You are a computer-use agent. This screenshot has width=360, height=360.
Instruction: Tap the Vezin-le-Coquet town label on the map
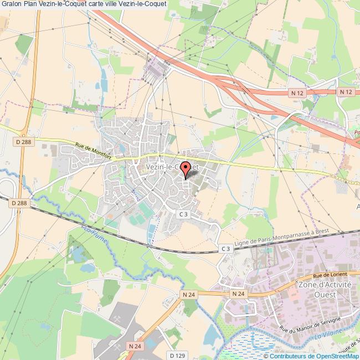(172, 166)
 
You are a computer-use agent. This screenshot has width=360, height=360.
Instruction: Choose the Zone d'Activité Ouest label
(325, 289)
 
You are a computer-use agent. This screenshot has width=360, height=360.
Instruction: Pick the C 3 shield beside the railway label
(225, 249)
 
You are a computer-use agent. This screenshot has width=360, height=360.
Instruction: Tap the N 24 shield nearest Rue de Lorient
(238, 293)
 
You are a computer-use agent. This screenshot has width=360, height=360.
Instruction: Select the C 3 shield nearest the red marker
(184, 213)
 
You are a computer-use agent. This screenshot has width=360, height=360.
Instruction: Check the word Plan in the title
(32, 5)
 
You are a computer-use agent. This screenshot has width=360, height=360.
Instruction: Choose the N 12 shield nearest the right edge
(346, 92)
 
